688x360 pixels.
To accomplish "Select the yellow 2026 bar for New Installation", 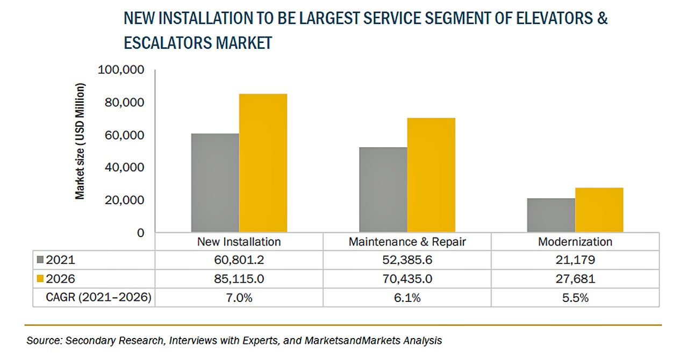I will [x=263, y=163].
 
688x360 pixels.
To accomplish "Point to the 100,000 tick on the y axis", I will [x=121, y=70].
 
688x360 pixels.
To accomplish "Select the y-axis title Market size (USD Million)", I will [x=80, y=142].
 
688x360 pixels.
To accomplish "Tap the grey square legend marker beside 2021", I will [x=41, y=260].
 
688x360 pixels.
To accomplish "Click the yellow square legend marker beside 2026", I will [x=41, y=279].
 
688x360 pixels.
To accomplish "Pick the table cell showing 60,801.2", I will [x=239, y=261].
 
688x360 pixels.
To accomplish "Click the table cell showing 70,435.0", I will [x=407, y=279].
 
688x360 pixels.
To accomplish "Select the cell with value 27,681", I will [x=575, y=279].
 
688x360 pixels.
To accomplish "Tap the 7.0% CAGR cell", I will [x=239, y=298].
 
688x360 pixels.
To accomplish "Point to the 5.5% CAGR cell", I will [x=575, y=298].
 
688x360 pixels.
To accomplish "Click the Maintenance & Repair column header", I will [x=407, y=242].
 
